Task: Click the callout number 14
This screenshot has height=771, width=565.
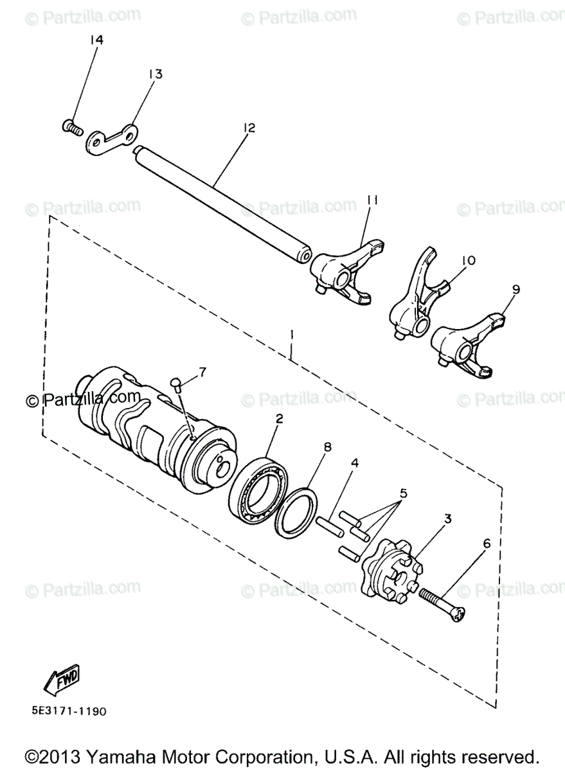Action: [x=96, y=40]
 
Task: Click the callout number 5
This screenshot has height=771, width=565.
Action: [x=404, y=493]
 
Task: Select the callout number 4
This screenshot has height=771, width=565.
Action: [x=354, y=462]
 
